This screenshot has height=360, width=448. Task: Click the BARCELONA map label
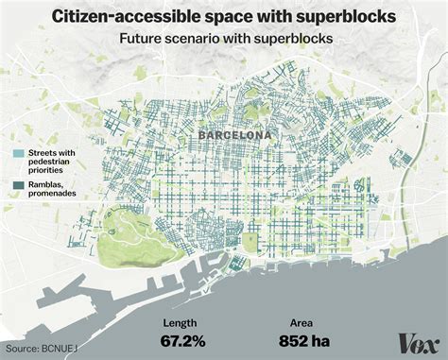coord(234,135)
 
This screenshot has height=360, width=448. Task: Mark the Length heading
coord(181,321)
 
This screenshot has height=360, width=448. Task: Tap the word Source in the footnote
coord(21,351)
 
